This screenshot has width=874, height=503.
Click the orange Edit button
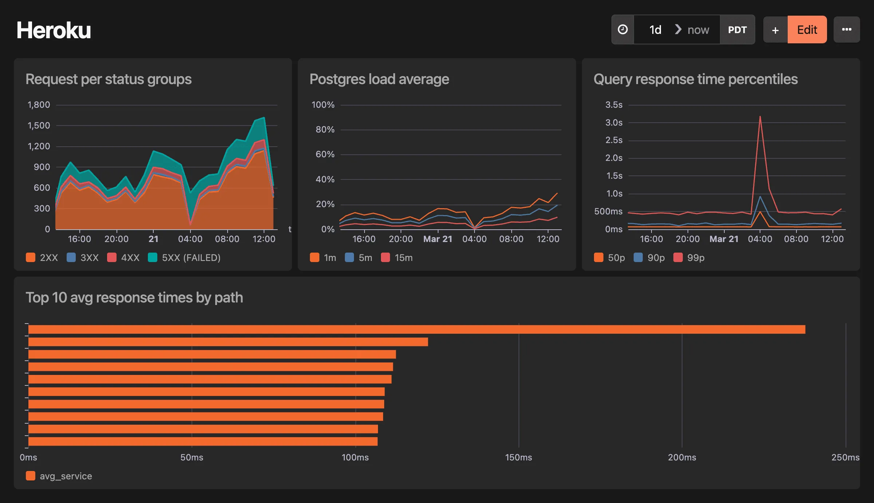807,30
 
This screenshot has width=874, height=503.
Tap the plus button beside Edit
775,30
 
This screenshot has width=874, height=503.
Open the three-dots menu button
847,30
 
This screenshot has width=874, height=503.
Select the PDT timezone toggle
737,30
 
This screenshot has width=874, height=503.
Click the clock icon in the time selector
623,30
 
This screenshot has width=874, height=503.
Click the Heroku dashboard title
54,30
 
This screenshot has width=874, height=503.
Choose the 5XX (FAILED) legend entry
185,258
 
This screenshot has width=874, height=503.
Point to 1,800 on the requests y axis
39,105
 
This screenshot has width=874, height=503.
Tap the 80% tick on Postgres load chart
325,130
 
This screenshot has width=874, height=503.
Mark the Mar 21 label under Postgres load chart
437,239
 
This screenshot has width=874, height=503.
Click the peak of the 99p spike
760,117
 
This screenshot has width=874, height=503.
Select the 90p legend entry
649,258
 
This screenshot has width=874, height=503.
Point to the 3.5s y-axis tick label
614,105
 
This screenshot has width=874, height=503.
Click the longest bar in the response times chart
417,329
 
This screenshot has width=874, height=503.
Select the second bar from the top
228,342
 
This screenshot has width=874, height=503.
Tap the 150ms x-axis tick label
518,458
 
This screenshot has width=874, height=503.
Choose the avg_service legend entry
59,476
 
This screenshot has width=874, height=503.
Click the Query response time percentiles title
695,79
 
